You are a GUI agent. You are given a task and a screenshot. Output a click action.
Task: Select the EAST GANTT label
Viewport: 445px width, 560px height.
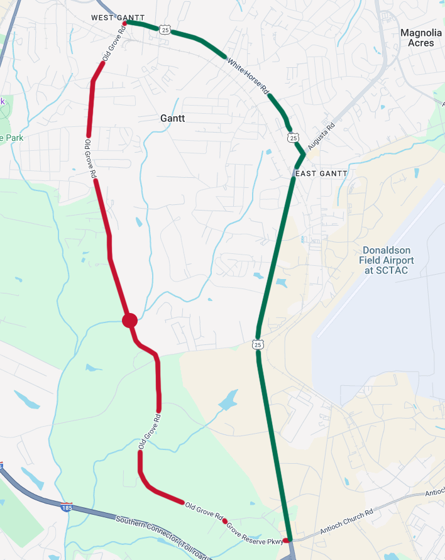pyautogui.click(x=321, y=173)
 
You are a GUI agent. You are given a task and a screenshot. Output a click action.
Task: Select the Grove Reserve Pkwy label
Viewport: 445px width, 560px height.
pyautogui.click(x=256, y=532)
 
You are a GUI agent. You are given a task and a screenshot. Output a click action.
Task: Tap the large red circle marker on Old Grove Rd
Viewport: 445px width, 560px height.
pyautogui.click(x=129, y=321)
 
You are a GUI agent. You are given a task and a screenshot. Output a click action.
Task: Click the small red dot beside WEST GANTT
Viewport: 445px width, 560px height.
pyautogui.click(x=124, y=23)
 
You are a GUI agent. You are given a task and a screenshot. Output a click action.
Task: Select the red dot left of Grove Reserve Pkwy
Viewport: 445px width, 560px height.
pyautogui.click(x=224, y=521)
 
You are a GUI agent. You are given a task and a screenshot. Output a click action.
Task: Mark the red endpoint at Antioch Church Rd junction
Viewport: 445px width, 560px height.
pyautogui.click(x=286, y=540)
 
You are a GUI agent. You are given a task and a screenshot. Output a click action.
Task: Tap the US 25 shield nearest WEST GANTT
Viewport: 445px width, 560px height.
pyautogui.click(x=164, y=29)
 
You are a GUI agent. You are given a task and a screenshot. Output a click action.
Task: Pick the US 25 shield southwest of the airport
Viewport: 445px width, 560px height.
pyautogui.click(x=258, y=344)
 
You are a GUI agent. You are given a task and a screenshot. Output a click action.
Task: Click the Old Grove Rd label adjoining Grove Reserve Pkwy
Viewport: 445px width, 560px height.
pyautogui.click(x=204, y=512)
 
